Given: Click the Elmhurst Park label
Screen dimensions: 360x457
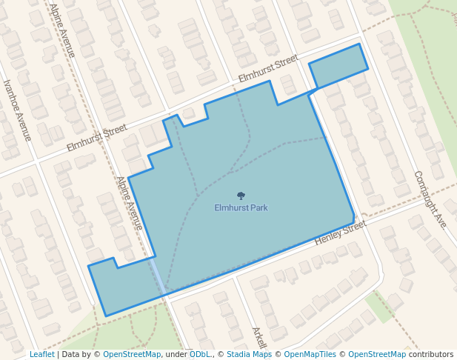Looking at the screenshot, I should (241, 208).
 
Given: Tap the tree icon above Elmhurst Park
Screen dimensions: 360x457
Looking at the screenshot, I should (241, 196).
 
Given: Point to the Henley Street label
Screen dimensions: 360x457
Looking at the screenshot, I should (341, 233).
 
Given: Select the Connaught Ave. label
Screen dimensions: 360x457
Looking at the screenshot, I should (431, 199).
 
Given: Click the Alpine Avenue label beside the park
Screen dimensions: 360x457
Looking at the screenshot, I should (129, 202).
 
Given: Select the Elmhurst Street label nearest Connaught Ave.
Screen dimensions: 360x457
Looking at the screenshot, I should (268, 69).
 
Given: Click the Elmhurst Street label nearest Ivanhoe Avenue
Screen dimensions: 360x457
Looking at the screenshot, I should (96, 139).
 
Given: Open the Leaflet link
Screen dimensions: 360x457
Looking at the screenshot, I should (41, 355).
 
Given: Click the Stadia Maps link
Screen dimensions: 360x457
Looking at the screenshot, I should (249, 355).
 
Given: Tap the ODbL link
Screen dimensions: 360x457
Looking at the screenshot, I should (200, 355).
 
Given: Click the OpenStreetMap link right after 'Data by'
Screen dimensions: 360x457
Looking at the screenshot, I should (131, 355).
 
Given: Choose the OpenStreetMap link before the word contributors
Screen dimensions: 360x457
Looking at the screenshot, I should (377, 355).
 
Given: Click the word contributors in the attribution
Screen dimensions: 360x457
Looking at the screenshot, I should (431, 355).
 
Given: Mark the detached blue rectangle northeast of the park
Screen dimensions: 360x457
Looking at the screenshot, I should (338, 65).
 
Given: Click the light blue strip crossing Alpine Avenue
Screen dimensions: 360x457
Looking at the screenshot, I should (157, 275).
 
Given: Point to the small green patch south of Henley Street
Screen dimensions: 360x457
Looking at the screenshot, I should (379, 307).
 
